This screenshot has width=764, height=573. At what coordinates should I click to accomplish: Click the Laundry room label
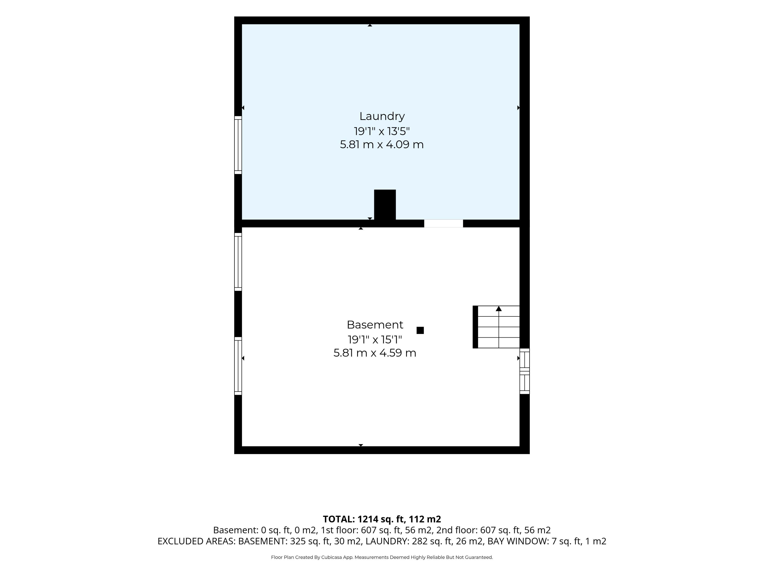point(382,116)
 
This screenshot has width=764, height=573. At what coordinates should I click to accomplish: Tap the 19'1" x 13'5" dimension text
point(382,131)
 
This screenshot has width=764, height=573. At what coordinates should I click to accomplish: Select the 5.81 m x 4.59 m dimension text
point(375,353)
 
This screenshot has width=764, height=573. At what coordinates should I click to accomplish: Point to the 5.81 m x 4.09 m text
point(382,144)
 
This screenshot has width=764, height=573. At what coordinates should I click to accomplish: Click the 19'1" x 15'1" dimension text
point(375,340)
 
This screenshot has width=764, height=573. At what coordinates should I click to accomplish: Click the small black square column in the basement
point(420,330)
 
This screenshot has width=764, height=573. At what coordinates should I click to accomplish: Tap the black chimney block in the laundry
point(385,205)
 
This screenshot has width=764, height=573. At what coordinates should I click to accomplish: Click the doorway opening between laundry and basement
point(443,223)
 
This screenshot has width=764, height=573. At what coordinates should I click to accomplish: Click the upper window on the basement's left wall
point(238,262)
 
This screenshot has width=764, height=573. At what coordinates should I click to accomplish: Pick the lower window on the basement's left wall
point(238,366)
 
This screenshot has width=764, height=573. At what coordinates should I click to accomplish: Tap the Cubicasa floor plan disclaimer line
point(382,557)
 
